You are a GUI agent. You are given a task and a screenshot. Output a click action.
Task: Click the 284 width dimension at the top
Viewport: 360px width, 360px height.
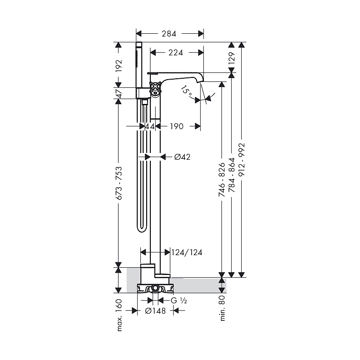[169, 34]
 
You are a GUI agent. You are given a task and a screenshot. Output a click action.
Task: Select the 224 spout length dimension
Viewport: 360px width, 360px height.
[175, 53]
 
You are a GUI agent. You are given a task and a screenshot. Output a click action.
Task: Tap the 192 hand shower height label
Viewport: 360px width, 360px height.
[119, 66]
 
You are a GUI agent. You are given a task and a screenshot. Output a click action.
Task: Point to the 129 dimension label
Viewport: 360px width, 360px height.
[232, 58]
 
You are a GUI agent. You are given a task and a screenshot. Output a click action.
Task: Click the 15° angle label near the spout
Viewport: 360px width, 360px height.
[186, 90]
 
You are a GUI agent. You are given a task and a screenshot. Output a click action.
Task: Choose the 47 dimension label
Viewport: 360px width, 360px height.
[119, 94]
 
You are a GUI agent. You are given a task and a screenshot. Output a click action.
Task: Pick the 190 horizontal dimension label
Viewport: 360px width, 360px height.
[176, 126]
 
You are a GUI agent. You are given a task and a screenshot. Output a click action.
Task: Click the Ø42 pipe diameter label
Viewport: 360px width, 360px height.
[182, 157]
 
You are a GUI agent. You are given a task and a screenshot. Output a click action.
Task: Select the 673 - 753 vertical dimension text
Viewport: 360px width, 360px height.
[119, 183]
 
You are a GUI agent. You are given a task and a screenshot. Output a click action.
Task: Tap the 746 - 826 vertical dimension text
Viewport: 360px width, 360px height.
[222, 180]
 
